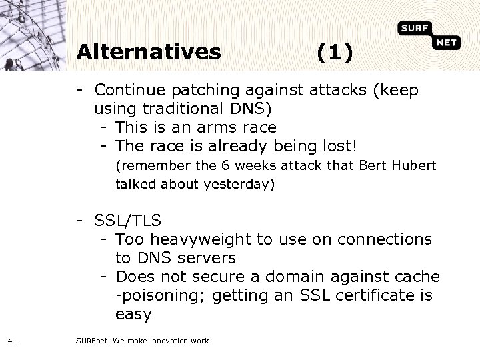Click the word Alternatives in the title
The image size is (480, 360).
pos(148,52)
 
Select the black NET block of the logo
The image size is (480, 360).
pos(447,43)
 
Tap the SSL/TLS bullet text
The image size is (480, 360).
pos(128,220)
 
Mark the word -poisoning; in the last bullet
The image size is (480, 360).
pos(155,295)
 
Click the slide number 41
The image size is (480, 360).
pos(12,341)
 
